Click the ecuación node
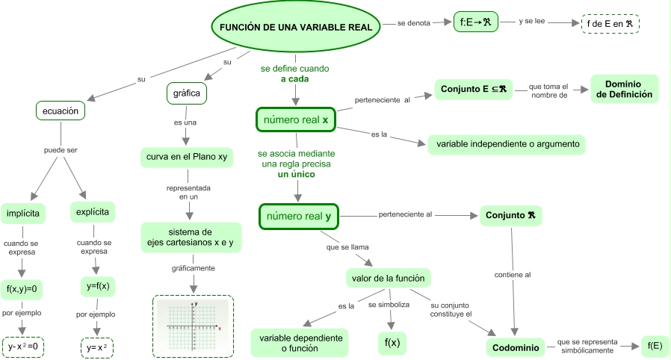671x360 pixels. tap(61, 111)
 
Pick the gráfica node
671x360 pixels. tap(187, 94)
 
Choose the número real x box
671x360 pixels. tap(296, 120)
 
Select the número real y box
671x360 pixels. tap(298, 217)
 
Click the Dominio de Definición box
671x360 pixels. tap(624, 89)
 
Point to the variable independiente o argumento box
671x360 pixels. tap(507, 143)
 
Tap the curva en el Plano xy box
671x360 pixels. tap(187, 158)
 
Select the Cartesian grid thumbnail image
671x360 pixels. tap(194, 326)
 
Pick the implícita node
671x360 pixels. tap(23, 213)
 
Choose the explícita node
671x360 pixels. tap(93, 212)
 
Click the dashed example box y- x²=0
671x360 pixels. tap(23, 347)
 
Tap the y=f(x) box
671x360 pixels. tap(97, 285)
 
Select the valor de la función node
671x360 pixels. tap(388, 279)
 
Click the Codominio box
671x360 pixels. tap(516, 347)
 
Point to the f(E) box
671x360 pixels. tap(655, 345)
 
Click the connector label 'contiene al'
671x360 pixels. tap(513, 275)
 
